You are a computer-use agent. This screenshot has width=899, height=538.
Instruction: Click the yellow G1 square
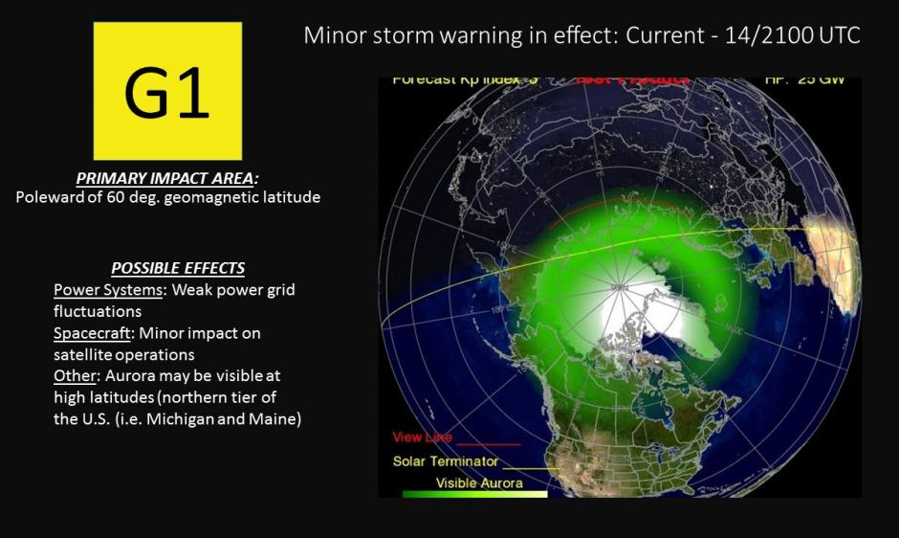click(167, 91)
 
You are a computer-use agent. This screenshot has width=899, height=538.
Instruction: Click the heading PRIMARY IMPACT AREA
click(167, 179)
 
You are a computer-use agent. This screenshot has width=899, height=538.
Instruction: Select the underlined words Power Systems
click(108, 290)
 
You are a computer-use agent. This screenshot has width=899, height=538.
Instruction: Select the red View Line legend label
click(423, 437)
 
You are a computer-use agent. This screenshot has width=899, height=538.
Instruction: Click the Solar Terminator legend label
click(446, 461)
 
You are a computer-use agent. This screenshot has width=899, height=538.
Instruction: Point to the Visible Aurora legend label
click(479, 483)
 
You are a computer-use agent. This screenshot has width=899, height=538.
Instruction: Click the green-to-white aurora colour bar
click(475, 494)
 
